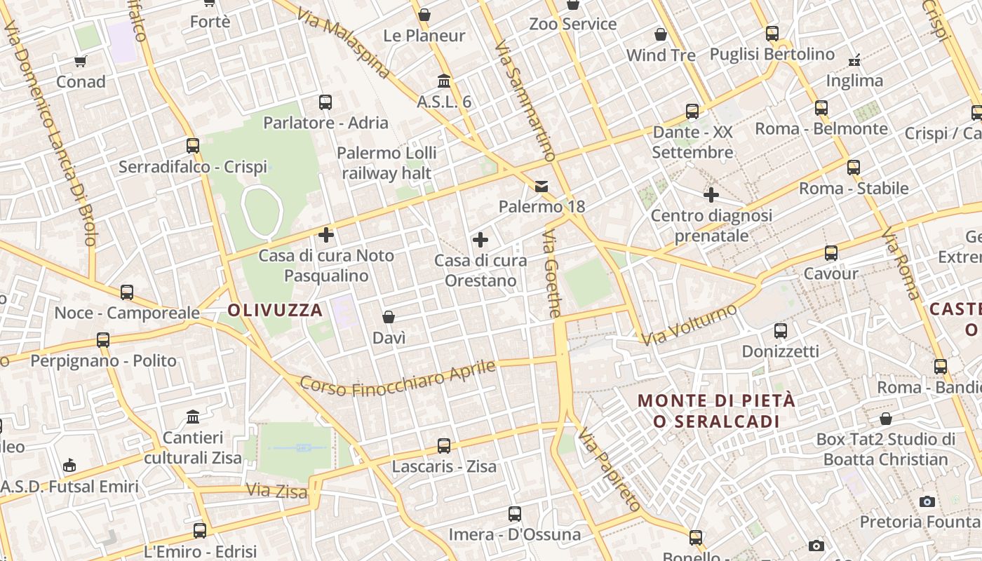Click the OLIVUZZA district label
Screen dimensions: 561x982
(276, 310)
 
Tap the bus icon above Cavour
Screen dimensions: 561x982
(831, 253)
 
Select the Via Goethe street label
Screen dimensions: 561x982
(552, 273)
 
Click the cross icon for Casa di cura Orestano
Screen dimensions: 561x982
(480, 240)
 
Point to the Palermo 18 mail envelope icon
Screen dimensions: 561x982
(542, 186)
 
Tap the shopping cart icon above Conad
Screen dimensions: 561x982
(81, 61)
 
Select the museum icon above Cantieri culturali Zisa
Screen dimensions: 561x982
(193, 418)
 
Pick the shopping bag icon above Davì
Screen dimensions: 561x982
(389, 317)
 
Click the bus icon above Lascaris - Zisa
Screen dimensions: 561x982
(444, 445)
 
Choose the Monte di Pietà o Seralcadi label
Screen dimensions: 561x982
(716, 411)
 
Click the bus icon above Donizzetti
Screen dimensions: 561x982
(780, 330)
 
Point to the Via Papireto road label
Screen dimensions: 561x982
(609, 471)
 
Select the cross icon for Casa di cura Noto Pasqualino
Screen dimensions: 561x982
(326, 234)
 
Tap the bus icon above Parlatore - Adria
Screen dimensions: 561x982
(325, 102)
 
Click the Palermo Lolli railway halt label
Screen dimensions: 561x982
(386, 163)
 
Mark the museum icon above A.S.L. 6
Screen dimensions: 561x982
(444, 81)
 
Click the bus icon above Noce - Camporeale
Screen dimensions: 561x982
(127, 292)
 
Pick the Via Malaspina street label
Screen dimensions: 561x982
(344, 43)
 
